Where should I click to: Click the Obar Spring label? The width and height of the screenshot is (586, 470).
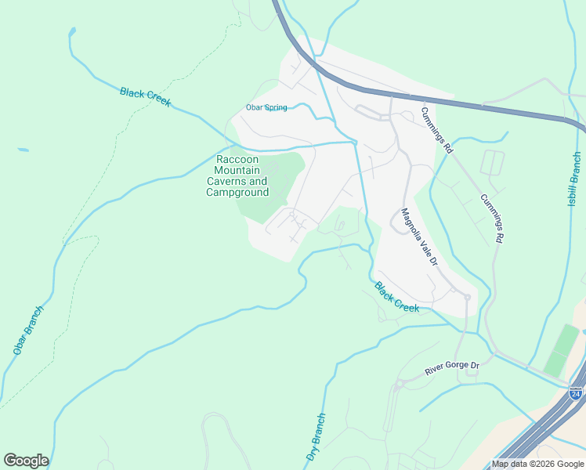tap(266, 107)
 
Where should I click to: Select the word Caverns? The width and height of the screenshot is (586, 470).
tap(226, 182)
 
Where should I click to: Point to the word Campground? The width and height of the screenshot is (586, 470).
tap(237, 193)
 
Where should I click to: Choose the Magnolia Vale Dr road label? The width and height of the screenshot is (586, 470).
tap(418, 237)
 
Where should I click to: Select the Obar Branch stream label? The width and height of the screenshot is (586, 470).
tap(28, 330)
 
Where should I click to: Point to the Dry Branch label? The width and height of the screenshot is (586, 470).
tap(315, 437)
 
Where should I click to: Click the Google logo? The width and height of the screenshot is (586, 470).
tap(26, 461)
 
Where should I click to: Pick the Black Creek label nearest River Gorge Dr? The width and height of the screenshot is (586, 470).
tap(396, 297)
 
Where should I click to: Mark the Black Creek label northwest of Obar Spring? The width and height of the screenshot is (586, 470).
tap(145, 97)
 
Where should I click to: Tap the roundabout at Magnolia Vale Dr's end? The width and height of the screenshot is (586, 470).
tap(467, 297)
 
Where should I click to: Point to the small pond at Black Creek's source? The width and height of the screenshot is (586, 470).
tap(72, 32)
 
